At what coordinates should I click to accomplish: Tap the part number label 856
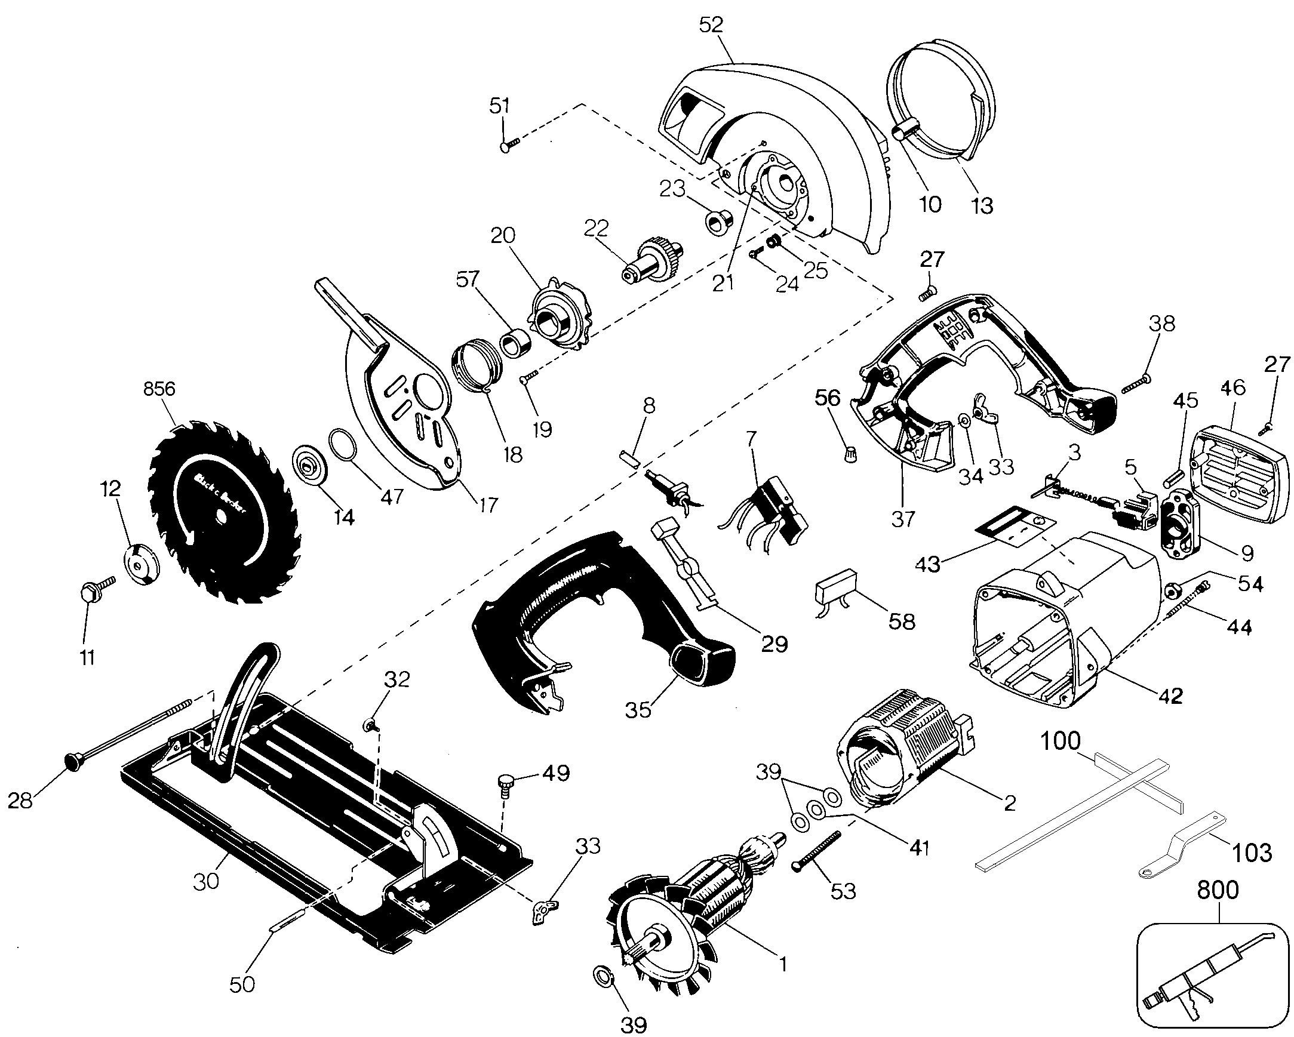tap(159, 389)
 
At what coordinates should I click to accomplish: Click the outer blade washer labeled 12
tap(142, 564)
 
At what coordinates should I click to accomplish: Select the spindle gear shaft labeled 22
tap(651, 260)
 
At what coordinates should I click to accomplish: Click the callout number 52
tap(711, 24)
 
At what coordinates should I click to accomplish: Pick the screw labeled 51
tap(508, 144)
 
